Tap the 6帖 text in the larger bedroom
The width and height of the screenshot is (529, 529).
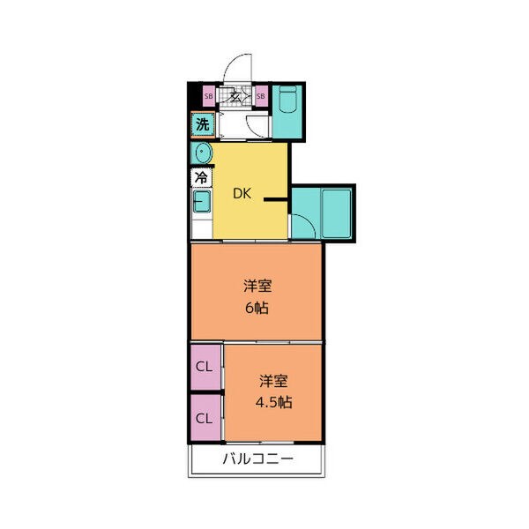point(257,309)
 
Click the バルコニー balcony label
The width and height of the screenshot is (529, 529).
point(257,459)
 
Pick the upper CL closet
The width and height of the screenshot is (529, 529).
point(204,366)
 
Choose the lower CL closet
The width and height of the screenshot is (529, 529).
point(204,417)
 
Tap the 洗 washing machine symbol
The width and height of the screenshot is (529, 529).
point(202,124)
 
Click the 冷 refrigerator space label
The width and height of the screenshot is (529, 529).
point(201,177)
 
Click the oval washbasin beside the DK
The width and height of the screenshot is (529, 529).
point(203,153)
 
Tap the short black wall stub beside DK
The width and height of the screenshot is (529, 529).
point(275,199)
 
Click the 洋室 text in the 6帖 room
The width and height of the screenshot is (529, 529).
point(257,287)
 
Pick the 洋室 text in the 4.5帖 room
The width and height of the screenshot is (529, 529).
point(274,381)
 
